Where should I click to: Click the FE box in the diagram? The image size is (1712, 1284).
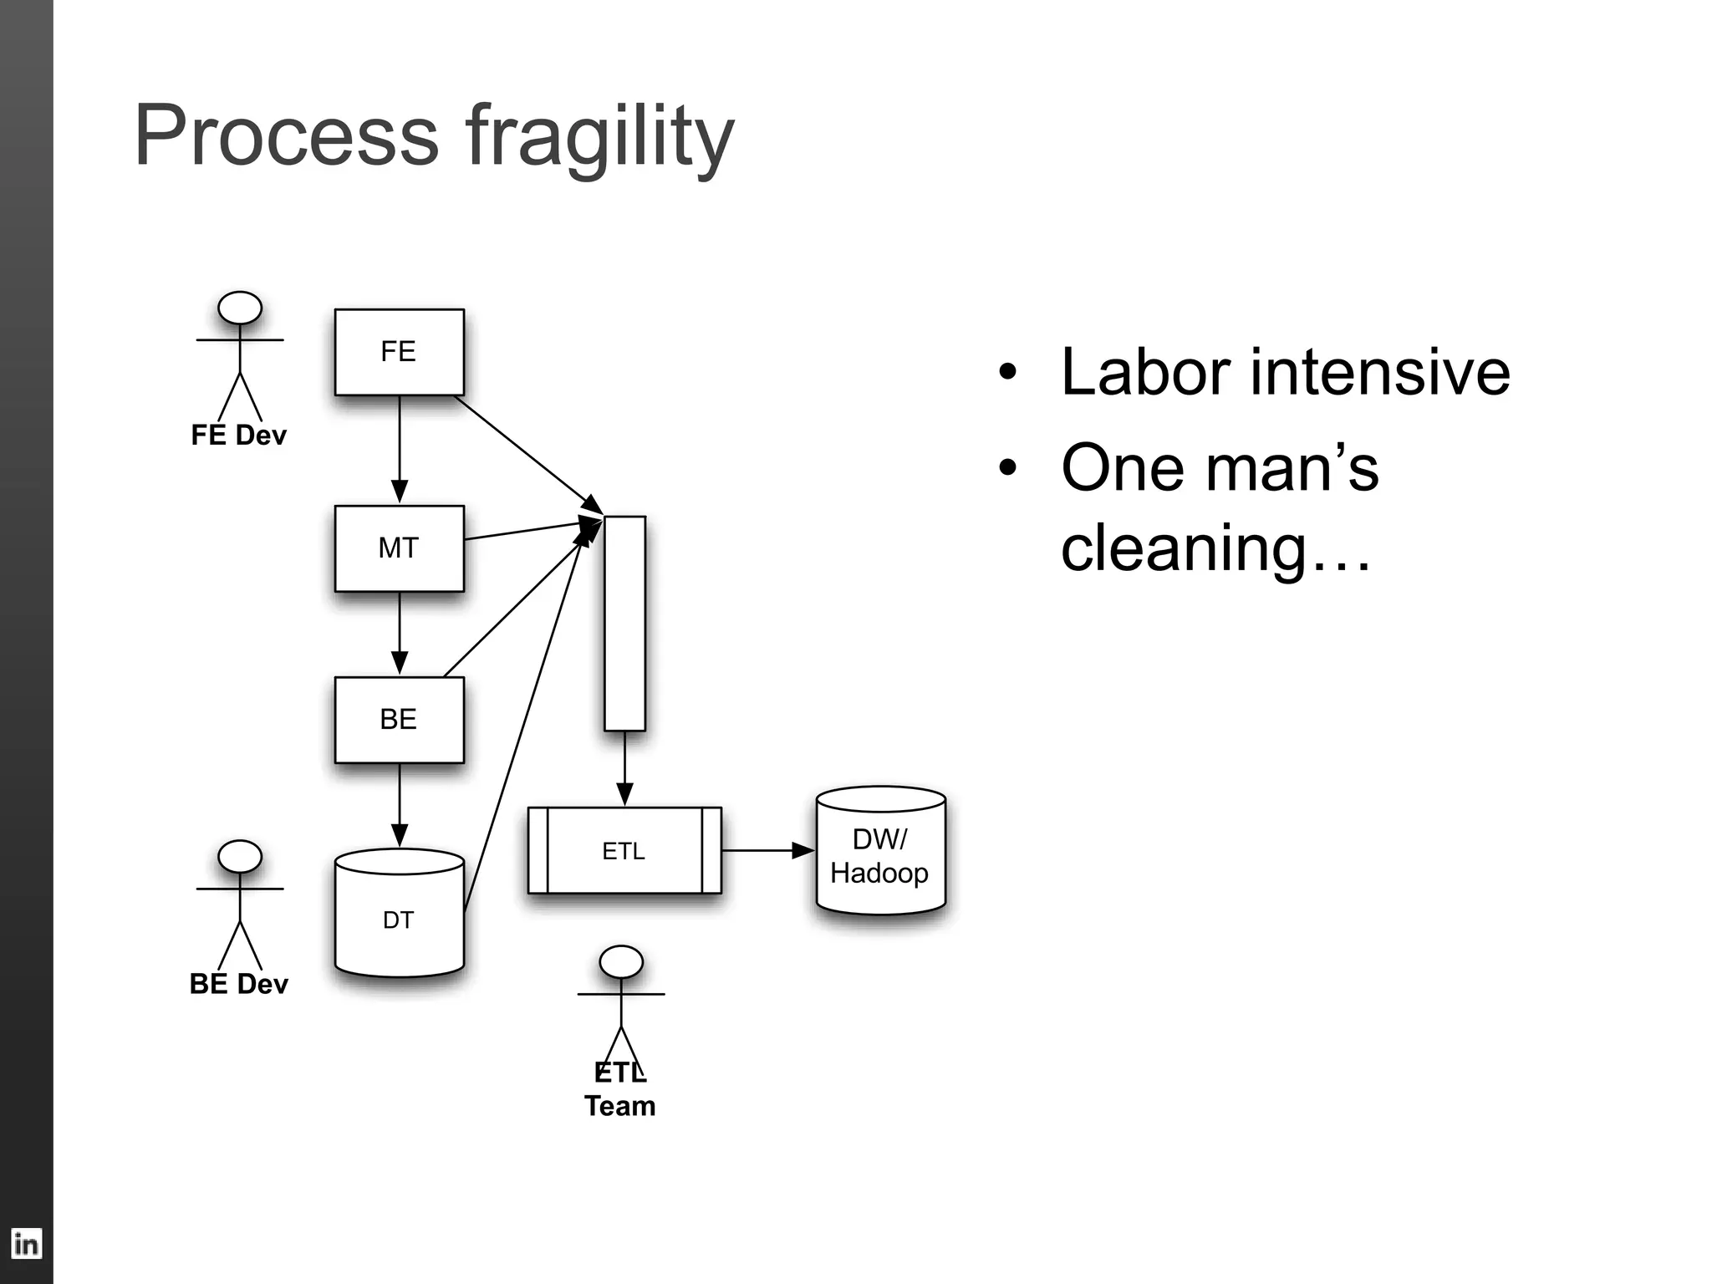(399, 352)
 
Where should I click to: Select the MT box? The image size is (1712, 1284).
(399, 548)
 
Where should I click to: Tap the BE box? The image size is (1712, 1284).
(399, 720)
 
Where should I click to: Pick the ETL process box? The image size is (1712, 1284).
(624, 851)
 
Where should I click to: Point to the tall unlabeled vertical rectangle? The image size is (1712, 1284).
(624, 623)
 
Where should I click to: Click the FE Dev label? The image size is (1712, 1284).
(238, 436)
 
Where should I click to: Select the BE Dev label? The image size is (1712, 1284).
(238, 984)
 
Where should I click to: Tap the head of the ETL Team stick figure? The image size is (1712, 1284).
(621, 962)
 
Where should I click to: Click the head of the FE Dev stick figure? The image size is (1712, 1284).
(240, 308)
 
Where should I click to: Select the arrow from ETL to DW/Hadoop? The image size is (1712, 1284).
(765, 851)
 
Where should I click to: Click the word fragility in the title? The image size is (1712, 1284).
(599, 138)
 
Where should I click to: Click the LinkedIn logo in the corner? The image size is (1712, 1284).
(26, 1244)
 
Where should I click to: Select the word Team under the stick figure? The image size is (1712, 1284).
(619, 1106)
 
